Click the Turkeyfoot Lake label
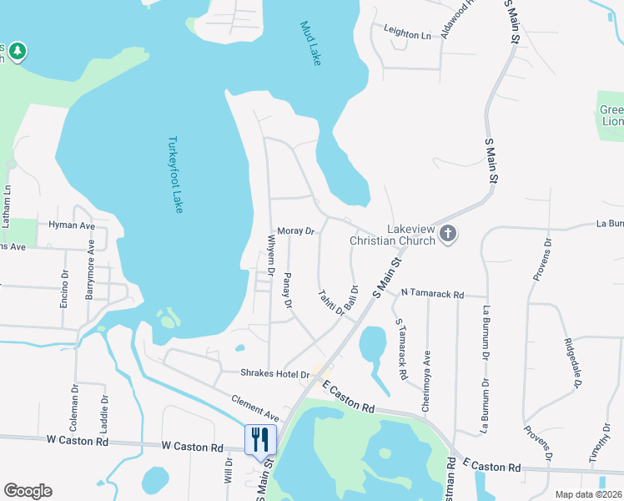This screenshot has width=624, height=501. click(x=174, y=175)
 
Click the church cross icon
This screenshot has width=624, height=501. click(x=448, y=234)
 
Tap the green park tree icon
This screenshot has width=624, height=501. click(x=18, y=52)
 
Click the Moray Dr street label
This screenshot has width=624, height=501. click(x=295, y=230)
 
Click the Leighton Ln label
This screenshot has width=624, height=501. click(x=407, y=35)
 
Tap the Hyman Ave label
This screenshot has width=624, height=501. click(x=72, y=225)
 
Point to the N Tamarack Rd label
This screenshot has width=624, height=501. click(x=431, y=294)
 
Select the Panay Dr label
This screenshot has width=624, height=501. click(x=288, y=291)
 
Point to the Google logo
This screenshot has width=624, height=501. click(x=28, y=491)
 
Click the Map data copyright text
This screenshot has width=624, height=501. click(x=588, y=494)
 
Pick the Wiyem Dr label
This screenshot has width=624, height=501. click(x=270, y=255)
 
